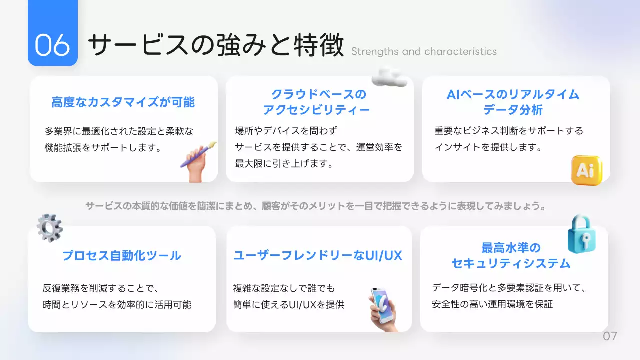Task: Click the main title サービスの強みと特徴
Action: [x=216, y=45]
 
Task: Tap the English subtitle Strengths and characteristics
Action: [x=424, y=52]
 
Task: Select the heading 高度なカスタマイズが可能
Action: [x=123, y=103]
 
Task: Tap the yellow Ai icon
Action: [x=586, y=170]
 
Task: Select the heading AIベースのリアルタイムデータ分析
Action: [x=513, y=102]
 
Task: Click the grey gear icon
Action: [x=50, y=228]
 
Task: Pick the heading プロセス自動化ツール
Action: [x=122, y=256]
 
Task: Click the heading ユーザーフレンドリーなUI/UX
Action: [x=318, y=256]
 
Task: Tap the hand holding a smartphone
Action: [x=382, y=309]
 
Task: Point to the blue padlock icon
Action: [x=582, y=233]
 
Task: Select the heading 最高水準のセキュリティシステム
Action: [x=511, y=255]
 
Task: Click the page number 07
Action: [x=610, y=336]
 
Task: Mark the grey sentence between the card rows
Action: [x=315, y=206]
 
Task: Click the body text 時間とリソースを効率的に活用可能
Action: [x=117, y=304]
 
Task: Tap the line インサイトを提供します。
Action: [x=489, y=147]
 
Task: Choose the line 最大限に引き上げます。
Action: [x=284, y=163]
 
